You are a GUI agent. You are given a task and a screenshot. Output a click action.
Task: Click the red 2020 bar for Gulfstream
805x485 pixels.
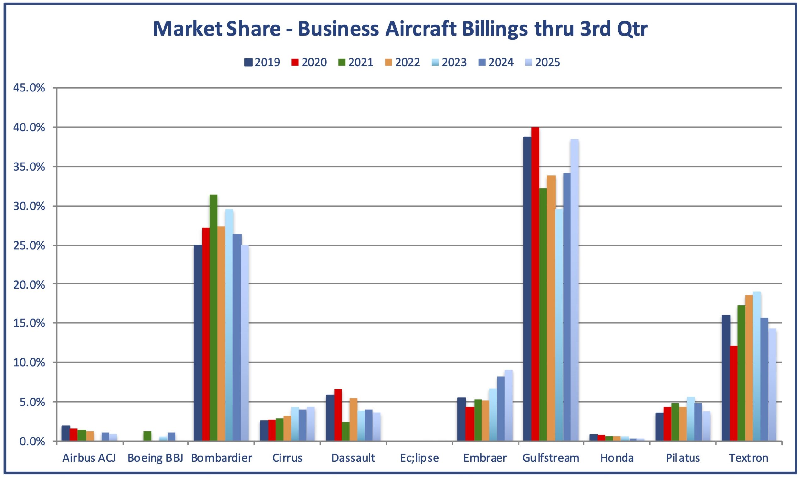535,284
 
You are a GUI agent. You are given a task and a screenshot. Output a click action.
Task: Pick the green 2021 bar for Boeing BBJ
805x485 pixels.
147,436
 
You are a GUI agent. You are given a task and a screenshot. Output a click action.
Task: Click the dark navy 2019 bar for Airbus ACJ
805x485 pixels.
66,433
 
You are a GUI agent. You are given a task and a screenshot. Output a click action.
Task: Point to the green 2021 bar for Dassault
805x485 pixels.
346,432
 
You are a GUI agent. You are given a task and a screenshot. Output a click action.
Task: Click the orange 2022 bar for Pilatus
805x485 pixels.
683,424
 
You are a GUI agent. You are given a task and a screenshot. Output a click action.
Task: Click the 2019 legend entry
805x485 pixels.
262,62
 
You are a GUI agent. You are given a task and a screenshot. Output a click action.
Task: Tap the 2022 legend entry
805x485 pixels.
402,62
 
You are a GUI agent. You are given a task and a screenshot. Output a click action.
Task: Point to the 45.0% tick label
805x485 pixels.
29,88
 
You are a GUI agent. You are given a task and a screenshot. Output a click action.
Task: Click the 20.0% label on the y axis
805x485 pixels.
29,285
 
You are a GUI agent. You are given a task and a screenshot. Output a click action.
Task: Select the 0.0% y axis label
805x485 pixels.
32,442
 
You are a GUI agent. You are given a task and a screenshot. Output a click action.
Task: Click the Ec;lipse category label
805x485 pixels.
419,458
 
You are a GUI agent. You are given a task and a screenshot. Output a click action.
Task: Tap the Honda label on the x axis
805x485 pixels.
617,458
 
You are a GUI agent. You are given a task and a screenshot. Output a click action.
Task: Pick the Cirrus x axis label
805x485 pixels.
287,458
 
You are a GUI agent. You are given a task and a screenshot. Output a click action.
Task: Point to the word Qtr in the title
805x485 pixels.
632,29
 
